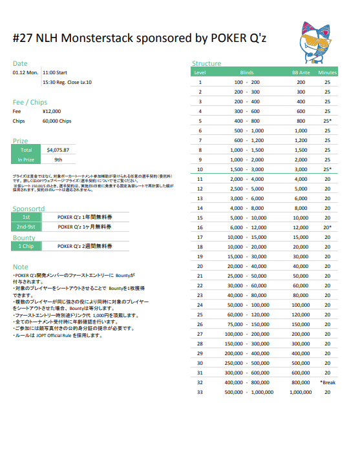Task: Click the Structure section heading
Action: [x=206, y=63]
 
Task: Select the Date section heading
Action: [x=20, y=63]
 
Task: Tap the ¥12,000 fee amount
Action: [x=52, y=111]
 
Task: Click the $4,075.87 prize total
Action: [x=58, y=150]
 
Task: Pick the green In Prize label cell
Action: [x=26, y=159]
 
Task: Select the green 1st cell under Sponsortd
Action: [x=26, y=217]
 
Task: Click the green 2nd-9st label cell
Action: [x=26, y=227]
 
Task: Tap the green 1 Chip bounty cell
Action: [x=26, y=246]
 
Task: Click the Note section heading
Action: [x=20, y=267]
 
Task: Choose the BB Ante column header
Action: [x=301, y=73]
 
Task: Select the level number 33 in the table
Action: [x=200, y=392]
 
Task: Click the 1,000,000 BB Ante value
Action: [x=301, y=392]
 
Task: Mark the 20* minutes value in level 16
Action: [x=328, y=227]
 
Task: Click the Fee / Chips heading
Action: [x=30, y=102]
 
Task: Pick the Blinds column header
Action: [x=246, y=73]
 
